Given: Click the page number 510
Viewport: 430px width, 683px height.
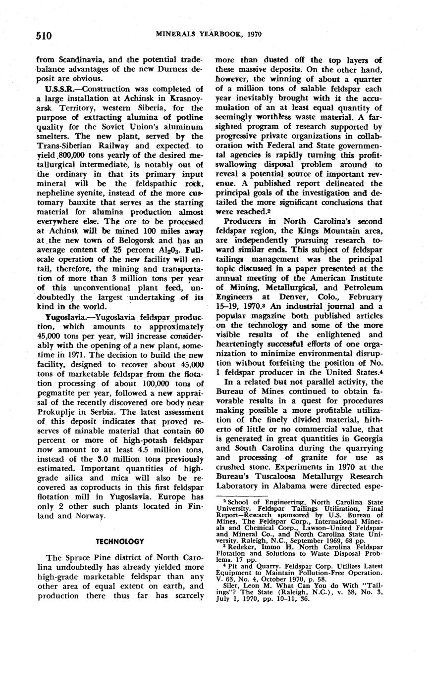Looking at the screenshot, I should [44, 35].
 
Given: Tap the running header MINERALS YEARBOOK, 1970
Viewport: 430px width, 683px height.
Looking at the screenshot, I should [209, 34].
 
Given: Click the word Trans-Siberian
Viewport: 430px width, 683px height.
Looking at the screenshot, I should [63, 146].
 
